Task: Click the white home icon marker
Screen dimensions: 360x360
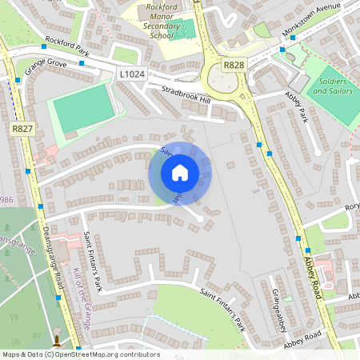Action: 180,173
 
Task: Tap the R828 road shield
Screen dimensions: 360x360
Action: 234,65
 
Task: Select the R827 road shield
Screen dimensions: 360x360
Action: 22,128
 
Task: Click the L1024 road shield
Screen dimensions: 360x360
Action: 131,74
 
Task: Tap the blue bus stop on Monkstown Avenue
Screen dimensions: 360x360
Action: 283,50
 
